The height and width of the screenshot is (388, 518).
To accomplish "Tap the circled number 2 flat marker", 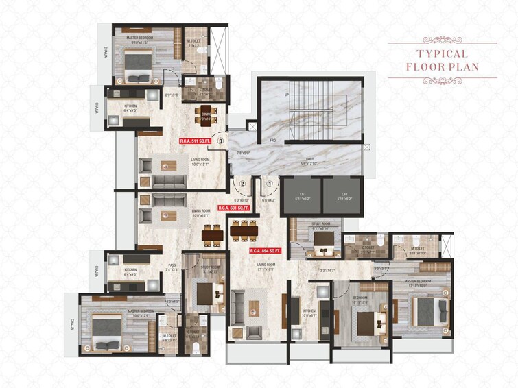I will click(242, 184).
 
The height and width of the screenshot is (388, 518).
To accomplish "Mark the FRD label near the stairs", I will click(272, 141).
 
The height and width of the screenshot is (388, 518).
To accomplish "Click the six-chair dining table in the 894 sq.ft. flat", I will click(243, 232).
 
